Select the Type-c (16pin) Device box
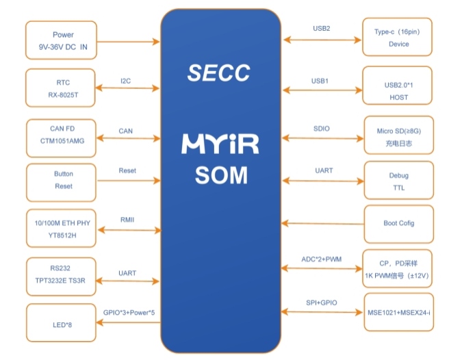point(398,37)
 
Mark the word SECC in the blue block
point(219,72)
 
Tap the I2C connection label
point(125,81)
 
